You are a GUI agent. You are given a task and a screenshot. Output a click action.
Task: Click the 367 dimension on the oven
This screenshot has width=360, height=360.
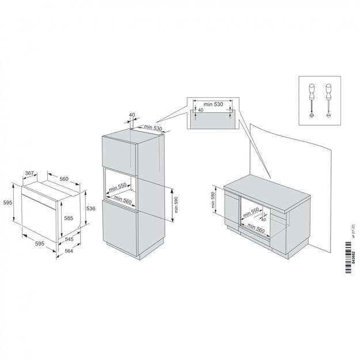click(x=32, y=173)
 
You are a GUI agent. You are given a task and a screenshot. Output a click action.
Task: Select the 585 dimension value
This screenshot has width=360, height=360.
click(x=68, y=218)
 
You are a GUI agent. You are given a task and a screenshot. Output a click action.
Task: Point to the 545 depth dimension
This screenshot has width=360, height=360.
click(x=69, y=238)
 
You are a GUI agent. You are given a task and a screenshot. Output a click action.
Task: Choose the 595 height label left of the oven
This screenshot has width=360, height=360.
click(x=7, y=203)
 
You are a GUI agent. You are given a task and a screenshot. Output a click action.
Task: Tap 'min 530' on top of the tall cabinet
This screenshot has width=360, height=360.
click(x=152, y=127)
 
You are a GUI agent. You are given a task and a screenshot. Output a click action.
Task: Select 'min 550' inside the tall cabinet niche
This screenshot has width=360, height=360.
click(x=118, y=186)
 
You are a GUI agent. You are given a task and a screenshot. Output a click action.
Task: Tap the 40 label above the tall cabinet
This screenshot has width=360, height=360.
click(x=131, y=115)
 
